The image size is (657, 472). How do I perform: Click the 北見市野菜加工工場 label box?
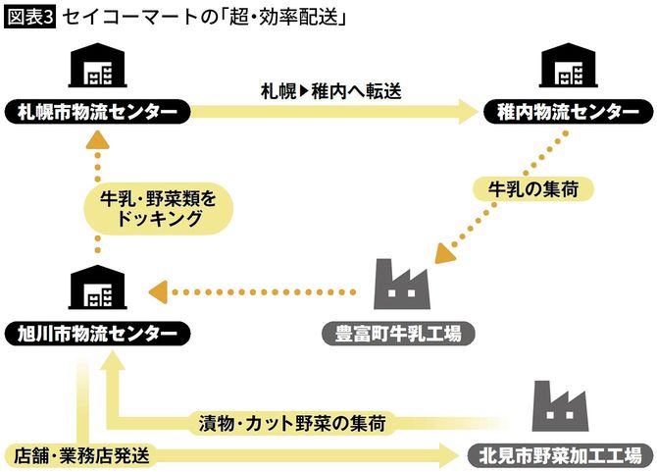pyautogui.click(x=555, y=454)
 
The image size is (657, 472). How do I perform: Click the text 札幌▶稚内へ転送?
pyautogui.click(x=330, y=90)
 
